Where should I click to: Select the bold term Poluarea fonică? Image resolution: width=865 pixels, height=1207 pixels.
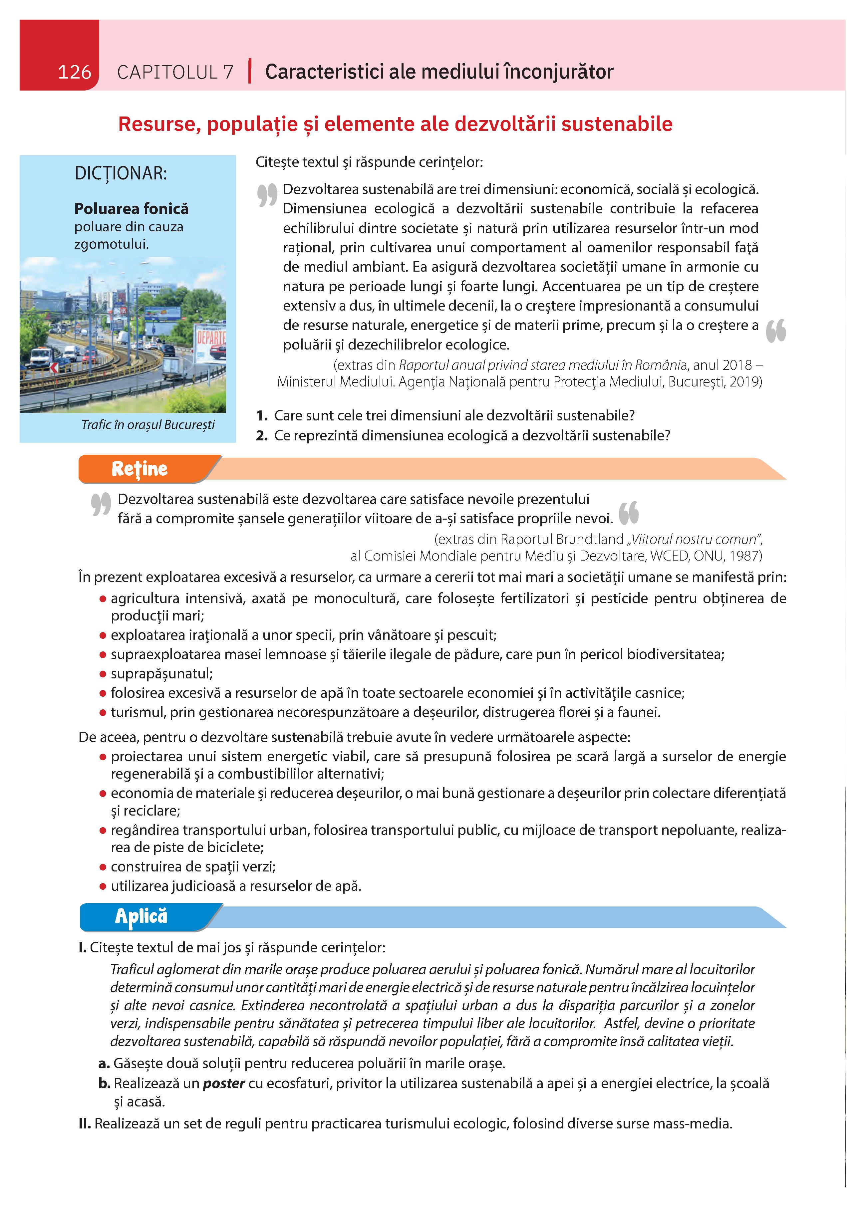pos(132,209)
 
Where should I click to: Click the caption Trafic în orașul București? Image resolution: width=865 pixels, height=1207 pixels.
pos(148,425)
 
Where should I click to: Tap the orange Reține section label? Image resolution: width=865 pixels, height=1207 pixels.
pos(140,469)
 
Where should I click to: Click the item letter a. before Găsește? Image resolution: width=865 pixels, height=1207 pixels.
pos(104,1063)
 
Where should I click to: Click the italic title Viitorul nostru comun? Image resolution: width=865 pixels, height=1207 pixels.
pos(694,540)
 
